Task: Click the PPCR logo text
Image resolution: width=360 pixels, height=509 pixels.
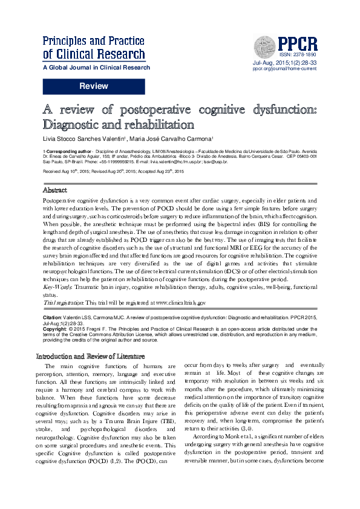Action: pos(298,43)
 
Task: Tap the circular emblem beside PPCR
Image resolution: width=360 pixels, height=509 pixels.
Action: pos(264,44)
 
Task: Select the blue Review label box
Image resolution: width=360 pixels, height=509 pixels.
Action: pos(94,87)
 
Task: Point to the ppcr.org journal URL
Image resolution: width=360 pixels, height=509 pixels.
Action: pos(284,69)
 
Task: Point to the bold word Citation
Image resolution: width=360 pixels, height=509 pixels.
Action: pos(53,317)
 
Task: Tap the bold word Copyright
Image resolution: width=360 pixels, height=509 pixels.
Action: pos(55,328)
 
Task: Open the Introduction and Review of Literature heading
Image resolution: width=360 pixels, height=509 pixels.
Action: pos(96,356)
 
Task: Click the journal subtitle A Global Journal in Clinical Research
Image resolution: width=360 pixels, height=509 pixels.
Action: pos(96,68)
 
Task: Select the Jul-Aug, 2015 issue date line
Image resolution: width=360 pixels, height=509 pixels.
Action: pos(284,63)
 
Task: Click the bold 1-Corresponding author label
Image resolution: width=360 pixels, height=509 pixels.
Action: pos(67,151)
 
